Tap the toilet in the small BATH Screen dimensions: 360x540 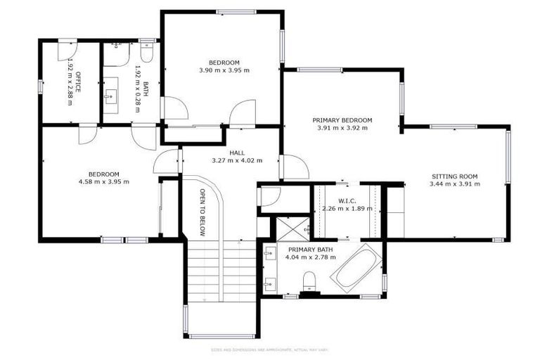click(x=147, y=54)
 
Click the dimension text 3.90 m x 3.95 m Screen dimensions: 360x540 click(x=224, y=70)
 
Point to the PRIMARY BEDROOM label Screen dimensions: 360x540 click(x=342, y=120)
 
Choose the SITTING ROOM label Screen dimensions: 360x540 click(x=454, y=176)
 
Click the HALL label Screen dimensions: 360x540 click(x=237, y=153)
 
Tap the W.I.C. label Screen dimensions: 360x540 click(x=347, y=200)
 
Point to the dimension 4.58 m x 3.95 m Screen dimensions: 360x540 click(x=103, y=182)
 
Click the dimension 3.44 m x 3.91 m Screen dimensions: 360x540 click(x=454, y=184)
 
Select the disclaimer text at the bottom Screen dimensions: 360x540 click(x=270, y=349)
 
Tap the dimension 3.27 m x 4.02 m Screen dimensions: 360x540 click(x=237, y=160)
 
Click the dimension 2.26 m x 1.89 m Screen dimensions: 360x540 click(x=347, y=209)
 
